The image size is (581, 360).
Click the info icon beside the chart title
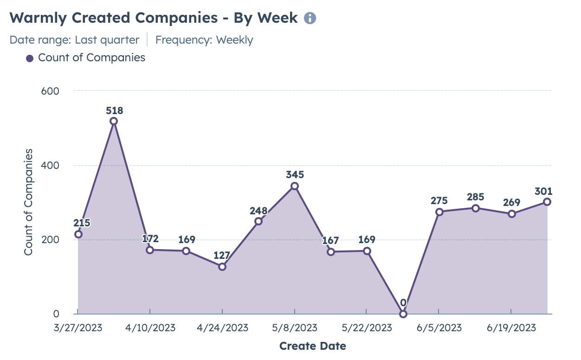click(x=310, y=18)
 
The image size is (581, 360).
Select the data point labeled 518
click(x=114, y=121)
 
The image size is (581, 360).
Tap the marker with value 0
click(x=403, y=314)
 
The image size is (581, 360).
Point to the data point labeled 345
click(x=295, y=186)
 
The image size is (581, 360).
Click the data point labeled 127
click(x=222, y=267)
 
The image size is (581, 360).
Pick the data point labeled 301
click(x=547, y=202)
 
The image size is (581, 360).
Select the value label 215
click(x=82, y=223)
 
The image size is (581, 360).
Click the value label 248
click(x=258, y=211)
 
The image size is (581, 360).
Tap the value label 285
click(x=476, y=198)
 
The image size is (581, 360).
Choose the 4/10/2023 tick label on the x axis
click(x=150, y=328)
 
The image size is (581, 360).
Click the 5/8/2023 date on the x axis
click(x=295, y=328)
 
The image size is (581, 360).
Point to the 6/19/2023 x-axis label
click(x=511, y=328)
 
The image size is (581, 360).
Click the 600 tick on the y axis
click(x=50, y=91)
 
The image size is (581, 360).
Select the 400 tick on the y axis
click(x=50, y=166)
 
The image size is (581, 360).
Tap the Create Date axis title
click(x=313, y=346)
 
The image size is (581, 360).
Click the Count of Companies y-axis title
click(x=29, y=202)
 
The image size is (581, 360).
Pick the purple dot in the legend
click(x=30, y=58)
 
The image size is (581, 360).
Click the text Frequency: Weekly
click(x=204, y=40)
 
